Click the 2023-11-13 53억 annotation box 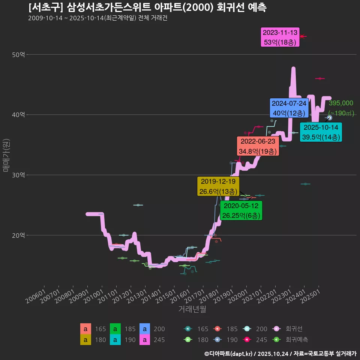(280, 37)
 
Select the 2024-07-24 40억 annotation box (289, 108)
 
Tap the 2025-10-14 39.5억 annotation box (321, 132)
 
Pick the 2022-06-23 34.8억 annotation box (258, 146)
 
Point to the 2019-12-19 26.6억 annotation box (218, 186)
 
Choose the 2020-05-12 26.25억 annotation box (241, 211)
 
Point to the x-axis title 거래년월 (192, 309)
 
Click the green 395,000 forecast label (341, 103)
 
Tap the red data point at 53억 (302, 36)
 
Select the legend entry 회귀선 (294, 329)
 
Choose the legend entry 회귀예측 (296, 340)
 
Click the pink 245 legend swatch (145, 340)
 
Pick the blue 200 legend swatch (145, 329)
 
